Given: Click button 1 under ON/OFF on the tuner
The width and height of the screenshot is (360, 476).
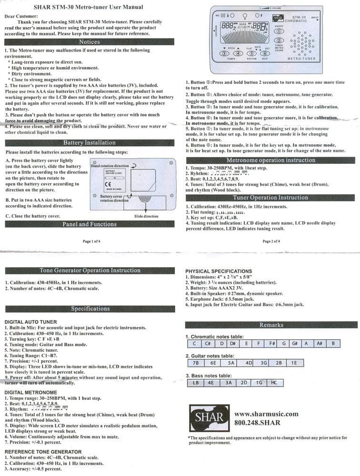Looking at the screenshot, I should pos(280,31).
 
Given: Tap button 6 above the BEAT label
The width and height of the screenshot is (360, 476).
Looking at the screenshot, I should pos(265,53).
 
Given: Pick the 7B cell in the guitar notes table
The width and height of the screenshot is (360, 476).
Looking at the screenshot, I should pos(195,363).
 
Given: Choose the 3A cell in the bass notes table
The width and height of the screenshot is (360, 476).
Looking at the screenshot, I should pos(228,382).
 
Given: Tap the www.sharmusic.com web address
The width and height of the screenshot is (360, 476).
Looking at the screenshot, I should pos(267,414).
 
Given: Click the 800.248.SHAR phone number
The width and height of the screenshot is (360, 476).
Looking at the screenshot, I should pos(258,423).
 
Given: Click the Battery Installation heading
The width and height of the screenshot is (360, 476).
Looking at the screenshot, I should pos(89,142).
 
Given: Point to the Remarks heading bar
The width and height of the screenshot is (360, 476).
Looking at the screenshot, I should pos(271,325).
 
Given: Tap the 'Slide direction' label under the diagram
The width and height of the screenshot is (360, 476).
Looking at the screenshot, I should pos(146,216).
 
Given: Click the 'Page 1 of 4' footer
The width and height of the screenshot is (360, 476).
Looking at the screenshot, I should pos(91,241).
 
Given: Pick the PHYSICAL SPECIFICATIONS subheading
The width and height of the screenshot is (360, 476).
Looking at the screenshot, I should pos(219,271).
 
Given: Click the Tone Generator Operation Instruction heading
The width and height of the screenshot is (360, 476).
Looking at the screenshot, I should pos(90,270).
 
